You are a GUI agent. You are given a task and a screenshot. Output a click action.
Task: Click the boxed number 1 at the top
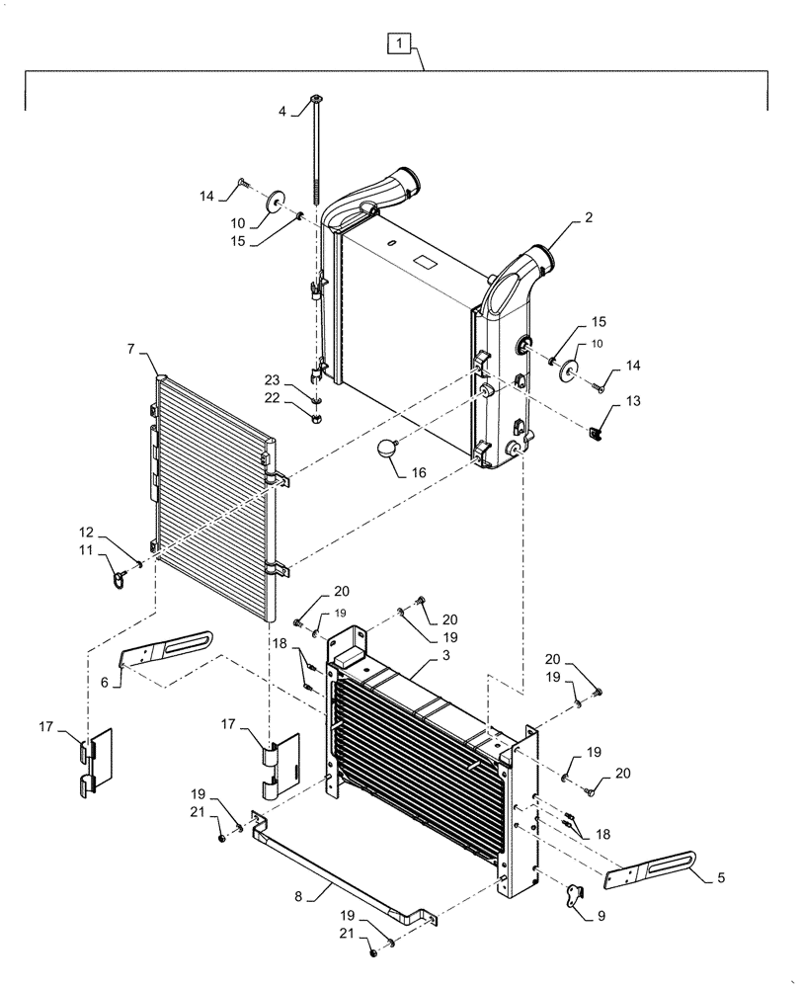point(397,43)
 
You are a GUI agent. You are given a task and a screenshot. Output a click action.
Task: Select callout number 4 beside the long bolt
point(281,112)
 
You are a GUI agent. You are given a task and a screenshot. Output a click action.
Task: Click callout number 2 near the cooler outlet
point(588,217)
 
